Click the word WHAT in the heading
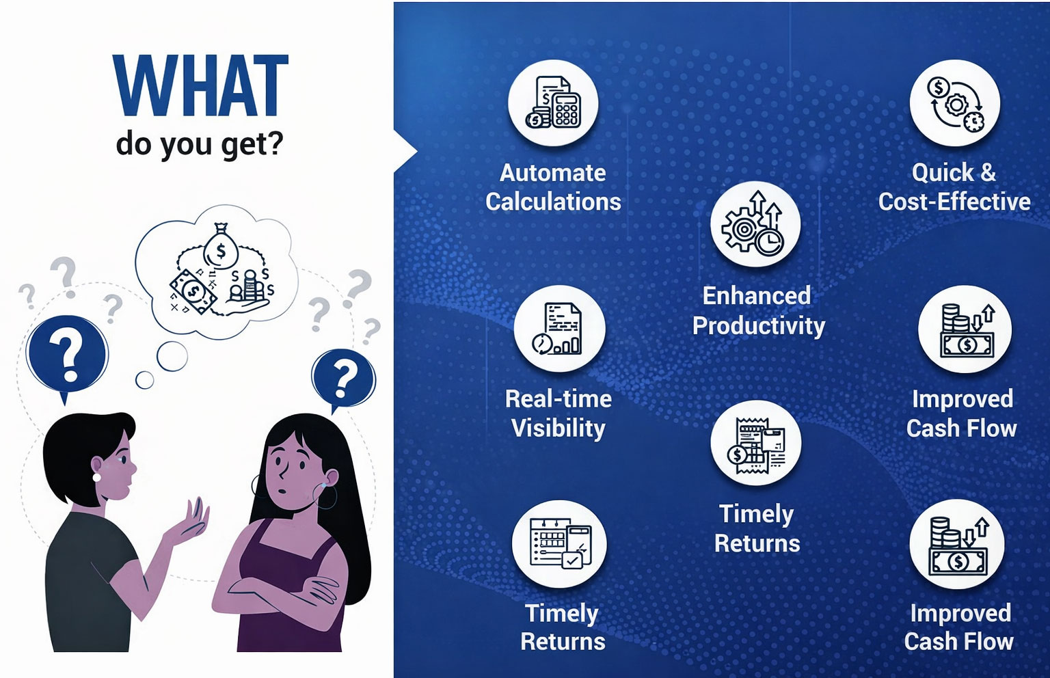click(x=200, y=85)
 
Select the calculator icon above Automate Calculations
click(x=553, y=103)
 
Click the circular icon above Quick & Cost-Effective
click(x=955, y=103)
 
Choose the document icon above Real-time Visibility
click(x=559, y=329)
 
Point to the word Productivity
click(x=758, y=326)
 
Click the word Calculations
click(x=553, y=202)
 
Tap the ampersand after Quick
click(x=988, y=172)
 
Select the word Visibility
click(x=558, y=429)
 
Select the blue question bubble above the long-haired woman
click(x=343, y=379)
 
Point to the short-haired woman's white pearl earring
click(x=96, y=477)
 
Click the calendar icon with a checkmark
click(x=559, y=544)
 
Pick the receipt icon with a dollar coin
click(x=755, y=445)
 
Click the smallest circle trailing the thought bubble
click(x=144, y=380)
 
